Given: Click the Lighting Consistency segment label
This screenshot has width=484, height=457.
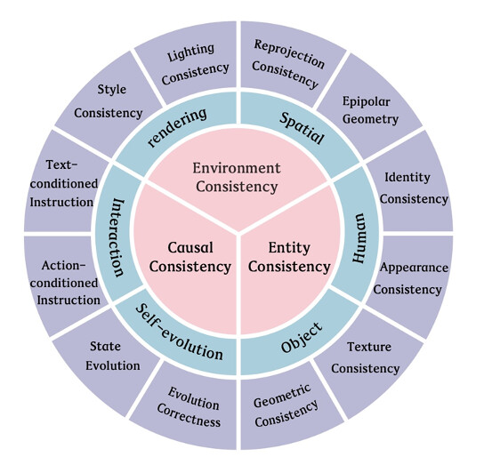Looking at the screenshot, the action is click(195, 65).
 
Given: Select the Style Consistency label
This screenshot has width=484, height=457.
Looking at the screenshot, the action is click(108, 101).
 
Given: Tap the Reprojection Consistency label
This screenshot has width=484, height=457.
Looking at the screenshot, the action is click(287, 64).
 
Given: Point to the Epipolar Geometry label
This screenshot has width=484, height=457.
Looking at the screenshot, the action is click(370, 110).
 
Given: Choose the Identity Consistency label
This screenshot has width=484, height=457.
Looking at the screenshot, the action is click(414, 188).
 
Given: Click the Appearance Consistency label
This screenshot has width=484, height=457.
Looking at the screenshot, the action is click(410, 278).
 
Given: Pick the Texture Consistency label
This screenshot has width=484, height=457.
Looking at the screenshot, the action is click(366, 357).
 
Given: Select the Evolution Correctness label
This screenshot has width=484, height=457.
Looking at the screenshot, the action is click(190, 407).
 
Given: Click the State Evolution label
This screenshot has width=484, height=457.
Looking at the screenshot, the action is click(113, 357).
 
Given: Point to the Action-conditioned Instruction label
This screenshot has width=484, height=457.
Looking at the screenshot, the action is click(65, 283).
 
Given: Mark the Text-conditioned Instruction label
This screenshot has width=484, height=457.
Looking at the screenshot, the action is click(63, 184).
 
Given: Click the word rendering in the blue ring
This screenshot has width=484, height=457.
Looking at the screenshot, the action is click(177, 127).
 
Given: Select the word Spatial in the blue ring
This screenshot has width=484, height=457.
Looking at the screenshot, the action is click(302, 128).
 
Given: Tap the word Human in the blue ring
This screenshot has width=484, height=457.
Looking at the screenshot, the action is click(359, 238).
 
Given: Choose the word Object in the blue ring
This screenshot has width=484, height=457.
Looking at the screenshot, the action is click(302, 338).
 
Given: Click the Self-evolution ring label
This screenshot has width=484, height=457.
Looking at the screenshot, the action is click(179, 333).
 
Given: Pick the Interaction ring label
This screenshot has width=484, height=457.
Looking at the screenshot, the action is click(117, 237).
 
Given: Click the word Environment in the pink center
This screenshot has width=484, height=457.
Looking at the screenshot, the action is click(237, 168).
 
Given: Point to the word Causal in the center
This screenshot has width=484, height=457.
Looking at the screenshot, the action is click(190, 248).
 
